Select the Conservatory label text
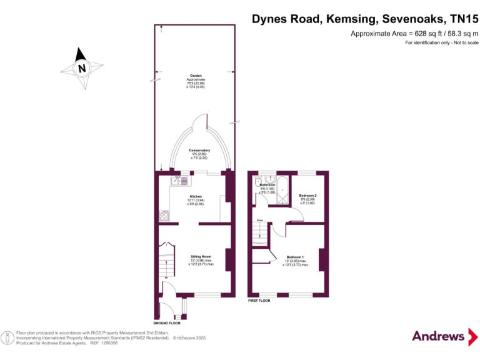point(199,154)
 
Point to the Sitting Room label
point(201,260)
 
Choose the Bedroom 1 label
point(295,261)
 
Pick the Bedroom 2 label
point(307,199)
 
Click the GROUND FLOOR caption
point(167,323)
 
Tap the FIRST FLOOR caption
point(259,301)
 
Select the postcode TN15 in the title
point(461,19)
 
